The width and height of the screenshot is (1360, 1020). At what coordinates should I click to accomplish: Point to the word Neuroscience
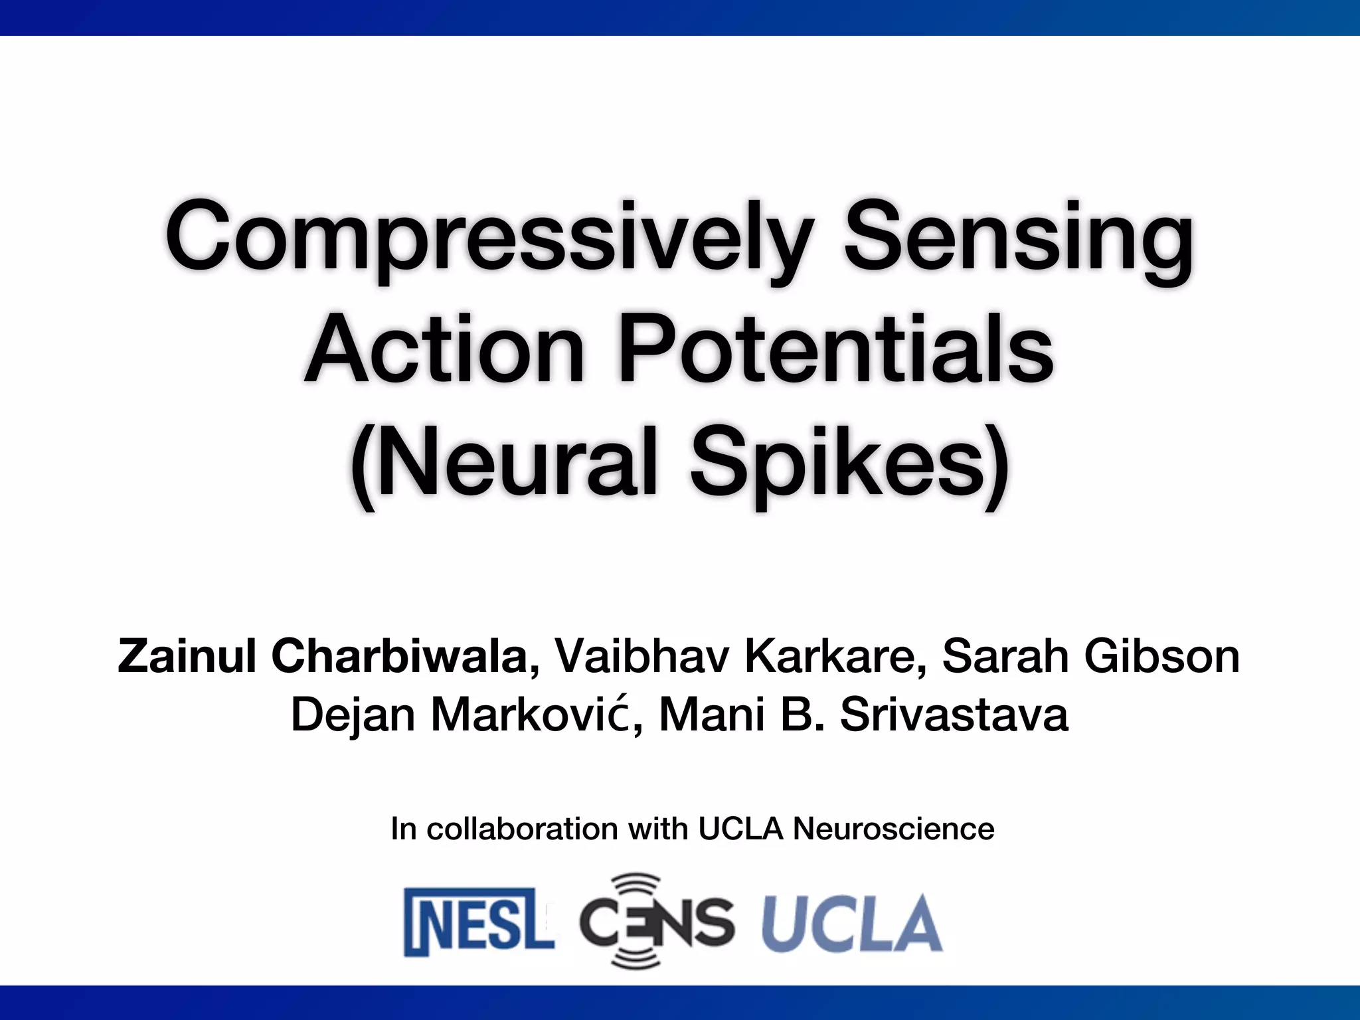click(x=893, y=829)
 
